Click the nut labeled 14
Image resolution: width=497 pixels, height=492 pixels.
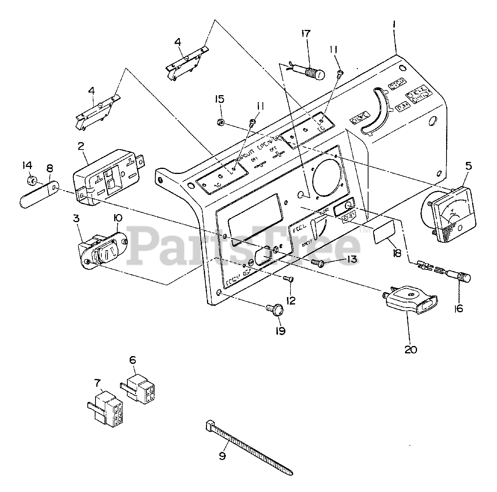[x=33, y=181]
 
